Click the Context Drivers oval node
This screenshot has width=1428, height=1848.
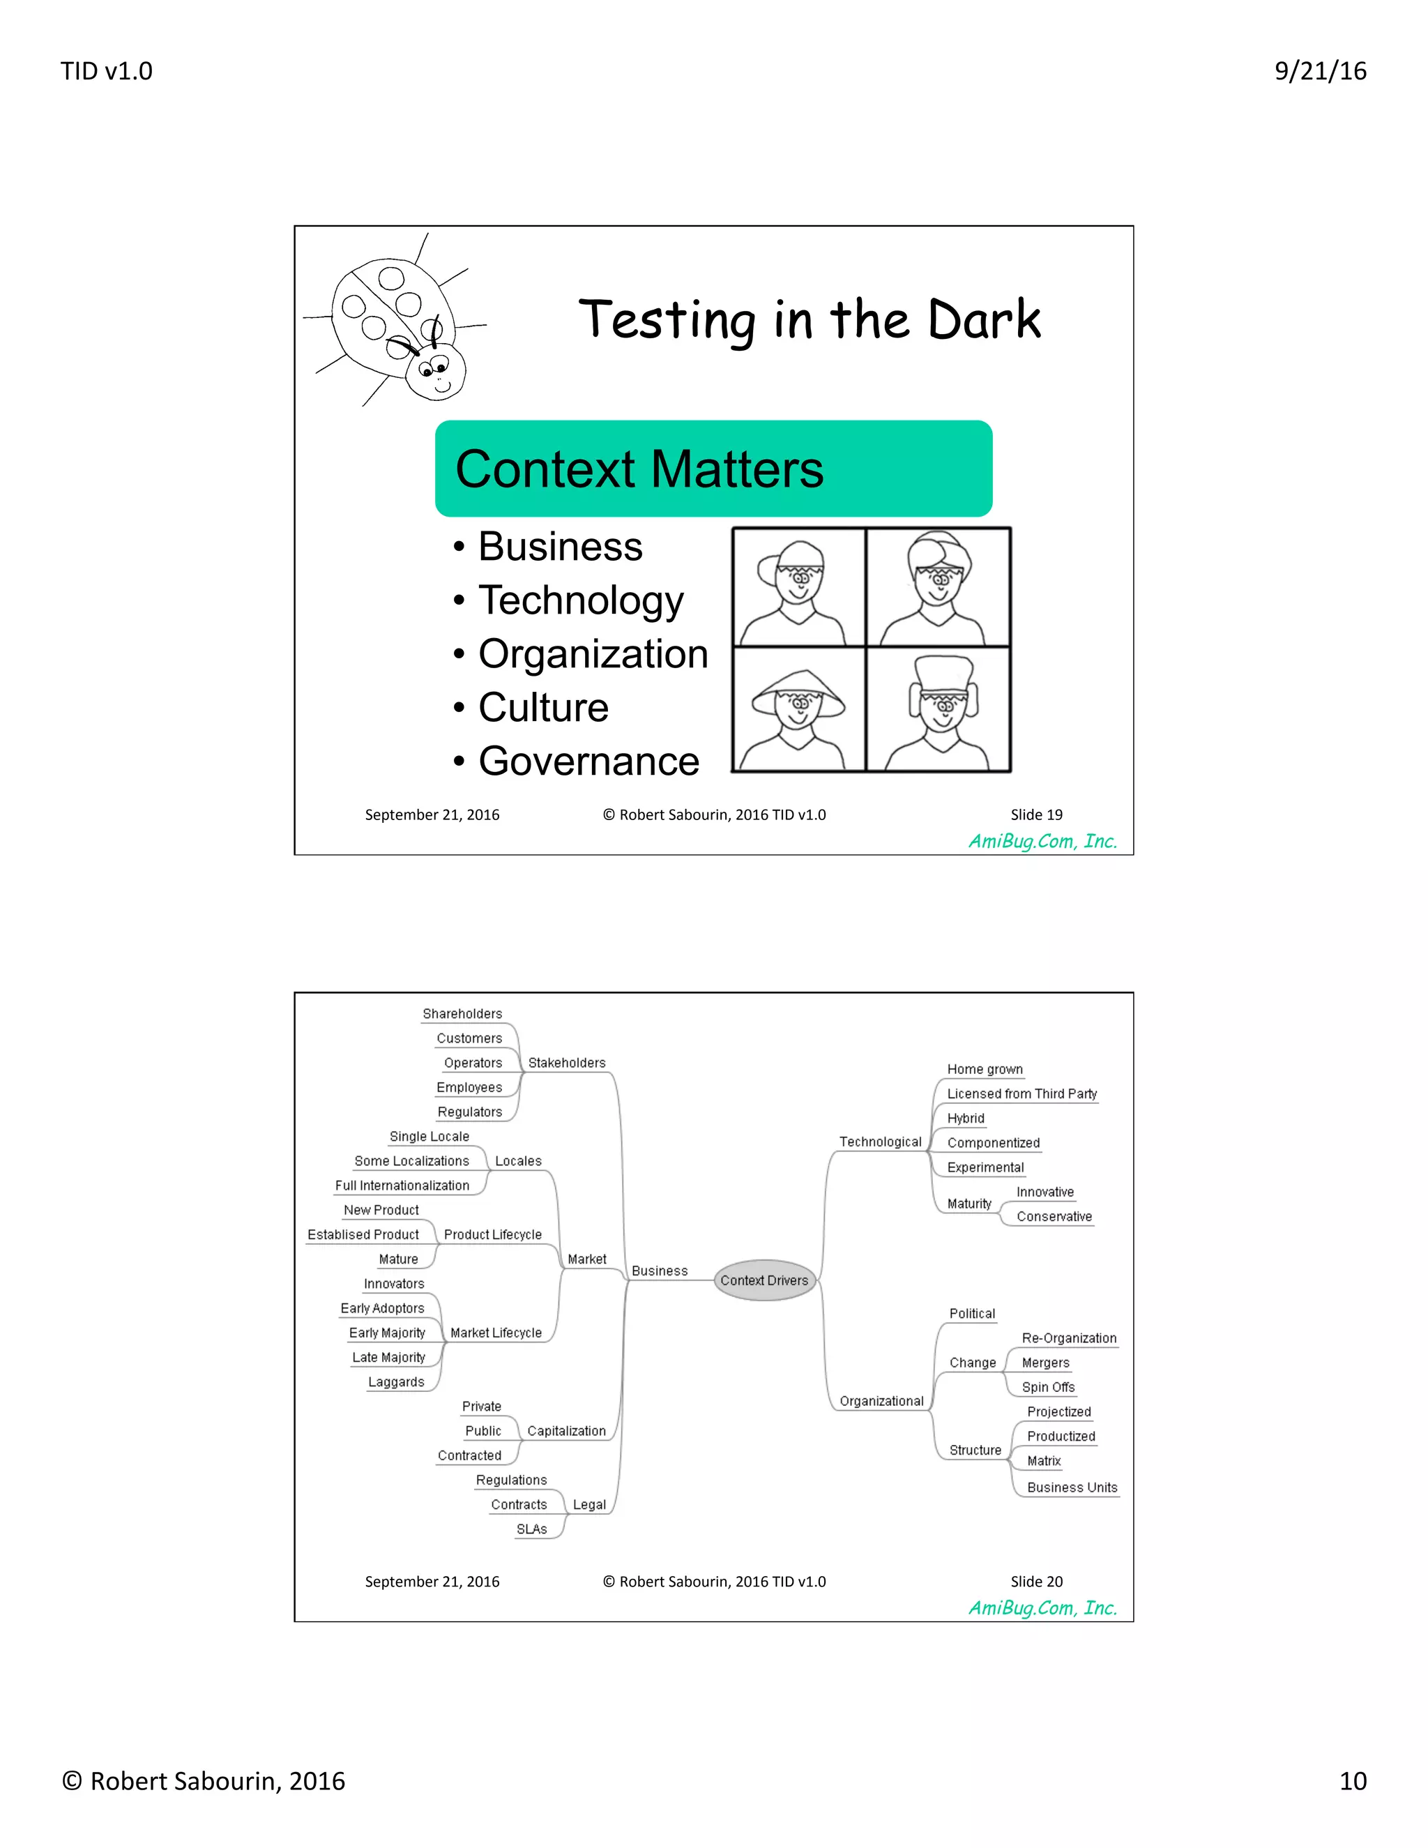pos(764,1280)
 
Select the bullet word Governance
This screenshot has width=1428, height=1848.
pos(588,761)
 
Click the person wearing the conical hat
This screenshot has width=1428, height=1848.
pos(798,710)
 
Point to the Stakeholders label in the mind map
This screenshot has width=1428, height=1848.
pos(566,1063)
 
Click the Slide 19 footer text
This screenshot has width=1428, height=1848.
pos(1035,814)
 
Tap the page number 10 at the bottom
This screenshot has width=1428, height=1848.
pos(1352,1781)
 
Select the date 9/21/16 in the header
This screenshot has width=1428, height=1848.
pos(1320,71)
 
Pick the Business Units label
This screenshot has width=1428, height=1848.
pos(1071,1487)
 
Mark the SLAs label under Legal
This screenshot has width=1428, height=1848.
pos(531,1529)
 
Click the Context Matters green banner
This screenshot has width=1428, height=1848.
pos(713,469)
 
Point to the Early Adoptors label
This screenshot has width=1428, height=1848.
pos(381,1308)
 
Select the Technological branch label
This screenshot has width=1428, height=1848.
pos(880,1142)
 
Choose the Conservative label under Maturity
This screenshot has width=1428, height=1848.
pos(1054,1216)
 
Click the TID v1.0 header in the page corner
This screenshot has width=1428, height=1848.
pos(107,71)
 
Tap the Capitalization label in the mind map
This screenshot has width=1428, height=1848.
pos(566,1431)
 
